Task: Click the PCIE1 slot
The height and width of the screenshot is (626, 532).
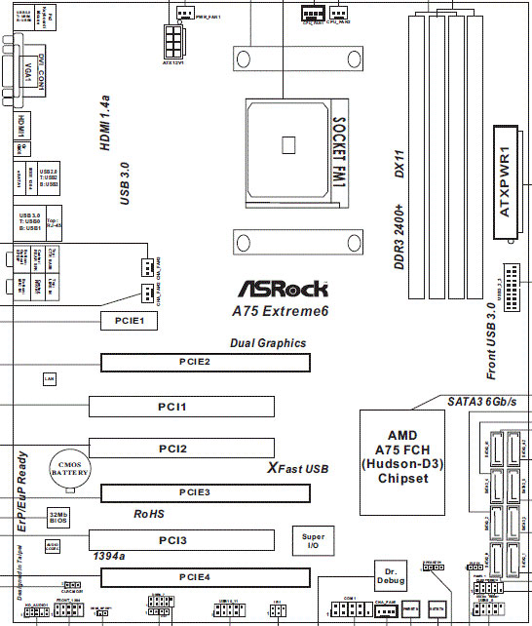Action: [129, 319]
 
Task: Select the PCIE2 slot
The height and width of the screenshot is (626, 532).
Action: [206, 363]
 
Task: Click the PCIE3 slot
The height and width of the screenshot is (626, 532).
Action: [206, 492]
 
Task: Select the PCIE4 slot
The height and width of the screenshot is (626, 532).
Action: [206, 578]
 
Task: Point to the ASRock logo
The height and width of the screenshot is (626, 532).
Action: [284, 290]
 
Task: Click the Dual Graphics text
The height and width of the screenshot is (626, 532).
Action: [268, 343]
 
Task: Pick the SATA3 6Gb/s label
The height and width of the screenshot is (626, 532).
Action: [480, 402]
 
